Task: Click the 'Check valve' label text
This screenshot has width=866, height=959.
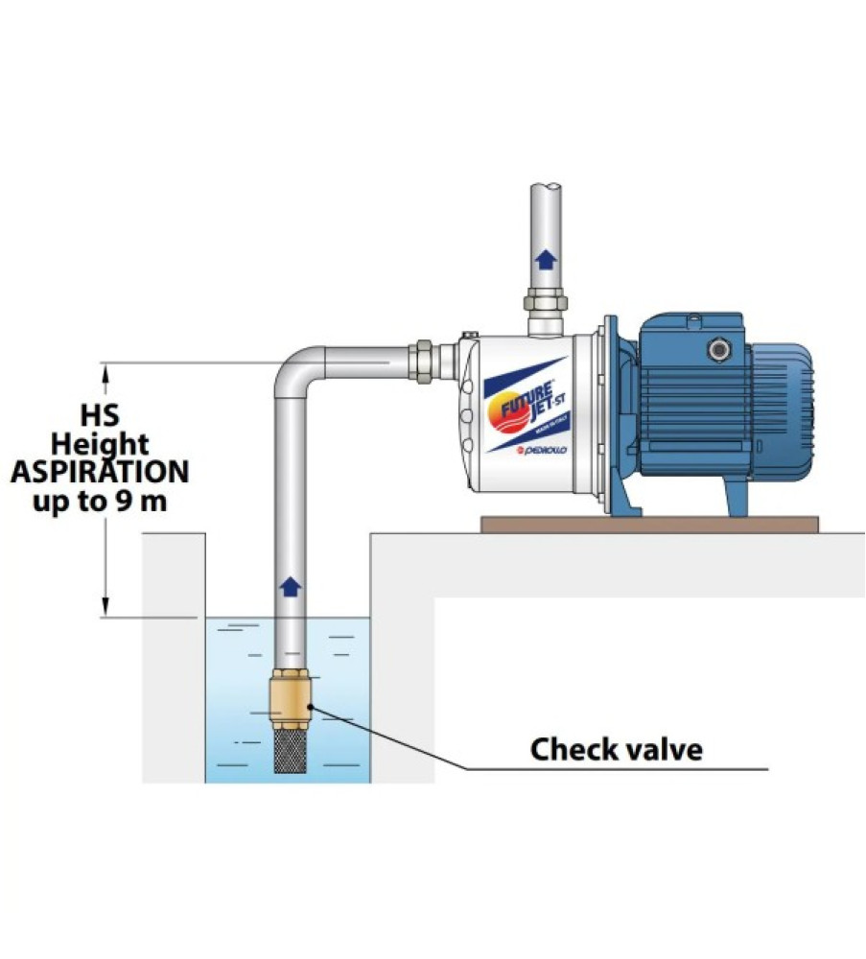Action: pyautogui.click(x=616, y=749)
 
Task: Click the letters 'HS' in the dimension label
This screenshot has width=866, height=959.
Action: pyautogui.click(x=100, y=417)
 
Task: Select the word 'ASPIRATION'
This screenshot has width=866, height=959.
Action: pyautogui.click(x=100, y=472)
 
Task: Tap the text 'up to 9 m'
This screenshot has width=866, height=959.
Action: pyautogui.click(x=100, y=501)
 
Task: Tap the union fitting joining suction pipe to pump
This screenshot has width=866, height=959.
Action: pyautogui.click(x=419, y=363)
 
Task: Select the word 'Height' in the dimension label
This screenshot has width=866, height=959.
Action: pyautogui.click(x=100, y=445)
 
